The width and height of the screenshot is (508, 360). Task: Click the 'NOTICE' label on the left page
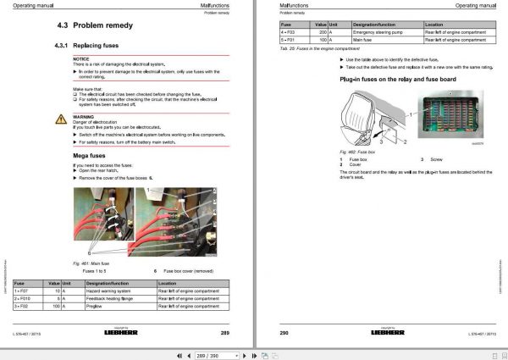tap(80, 58)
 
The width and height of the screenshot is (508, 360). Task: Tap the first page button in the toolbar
tap(178, 353)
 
